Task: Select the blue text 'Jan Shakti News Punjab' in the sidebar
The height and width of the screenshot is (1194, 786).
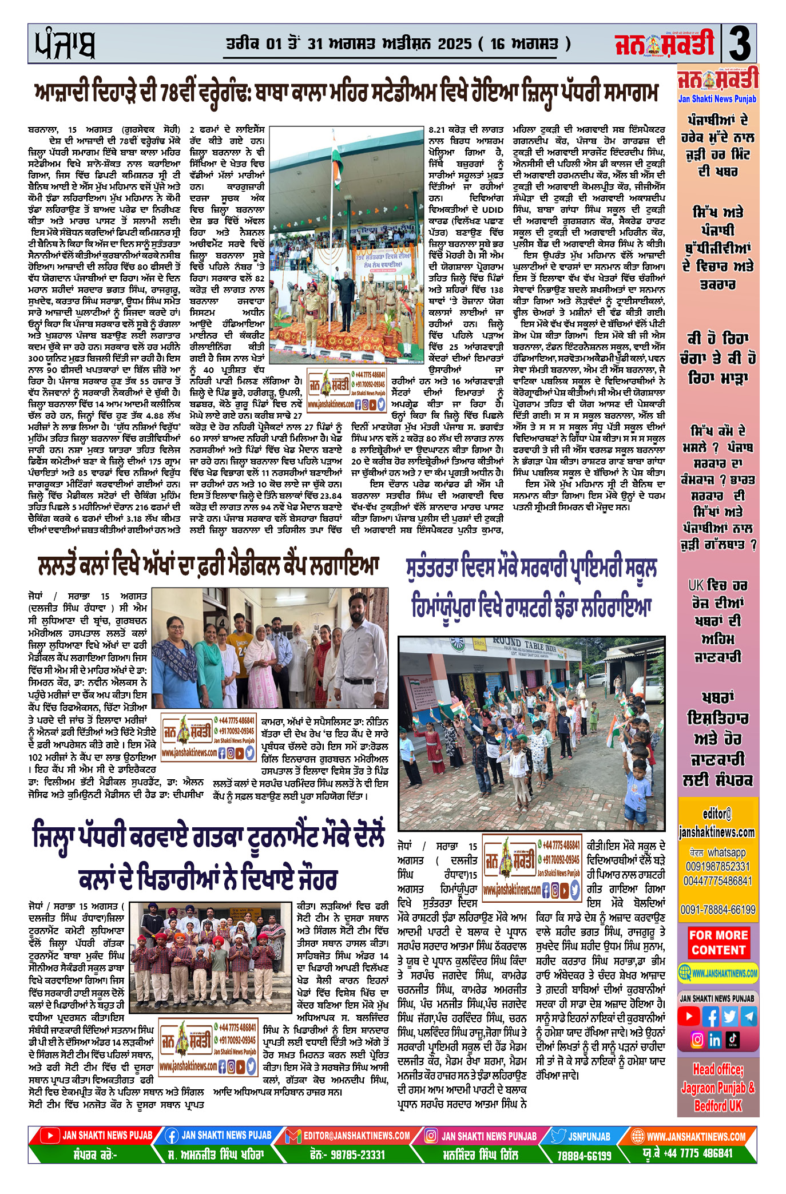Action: point(717,99)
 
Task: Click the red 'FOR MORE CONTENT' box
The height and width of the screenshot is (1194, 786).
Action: point(718,942)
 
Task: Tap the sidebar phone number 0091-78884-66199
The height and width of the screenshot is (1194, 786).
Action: point(718,909)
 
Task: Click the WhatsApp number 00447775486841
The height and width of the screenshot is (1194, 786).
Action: point(718,881)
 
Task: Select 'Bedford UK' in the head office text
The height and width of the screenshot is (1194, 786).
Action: point(718,1105)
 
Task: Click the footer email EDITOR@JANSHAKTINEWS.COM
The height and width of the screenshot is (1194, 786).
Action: point(356,1136)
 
